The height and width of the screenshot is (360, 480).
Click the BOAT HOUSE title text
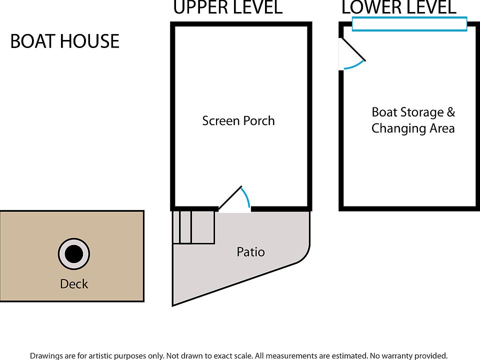pyautogui.click(x=65, y=41)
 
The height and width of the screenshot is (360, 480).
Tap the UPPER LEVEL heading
pyautogui.click(x=227, y=8)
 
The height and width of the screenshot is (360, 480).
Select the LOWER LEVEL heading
pyautogui.click(x=398, y=8)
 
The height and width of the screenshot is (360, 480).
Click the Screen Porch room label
pyautogui.click(x=238, y=120)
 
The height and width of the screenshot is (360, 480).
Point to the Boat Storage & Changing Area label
pyautogui.click(x=413, y=120)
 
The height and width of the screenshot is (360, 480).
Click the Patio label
pyautogui.click(x=250, y=252)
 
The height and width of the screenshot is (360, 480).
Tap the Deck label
pyautogui.click(x=74, y=284)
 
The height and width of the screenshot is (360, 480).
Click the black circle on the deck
pyautogui.click(x=74, y=254)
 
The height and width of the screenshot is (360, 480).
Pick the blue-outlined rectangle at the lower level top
pyautogui.click(x=409, y=23)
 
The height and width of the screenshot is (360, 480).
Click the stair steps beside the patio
pyautogui.click(x=193, y=227)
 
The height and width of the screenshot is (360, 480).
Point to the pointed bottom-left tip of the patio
pyautogui.click(x=174, y=303)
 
